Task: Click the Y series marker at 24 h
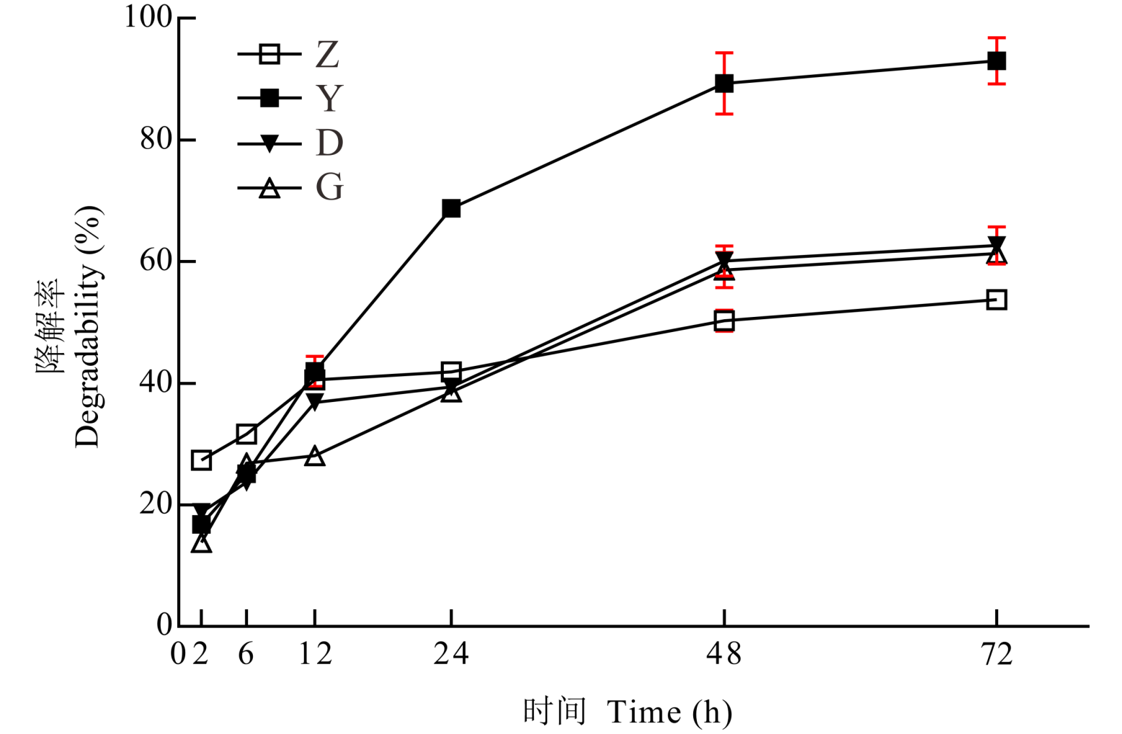click(451, 209)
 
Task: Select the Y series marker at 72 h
click(997, 61)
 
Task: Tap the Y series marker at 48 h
click(724, 84)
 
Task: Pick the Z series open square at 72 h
click(997, 300)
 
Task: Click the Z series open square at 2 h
click(202, 460)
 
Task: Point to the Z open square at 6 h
click(246, 434)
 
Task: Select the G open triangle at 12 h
click(315, 457)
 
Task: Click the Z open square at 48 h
click(724, 321)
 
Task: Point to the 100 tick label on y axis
click(148, 17)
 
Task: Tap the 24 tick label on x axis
click(451, 654)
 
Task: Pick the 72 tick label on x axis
click(997, 654)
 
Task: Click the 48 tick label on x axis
click(724, 654)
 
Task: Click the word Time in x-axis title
click(644, 712)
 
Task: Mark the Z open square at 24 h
click(451, 372)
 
